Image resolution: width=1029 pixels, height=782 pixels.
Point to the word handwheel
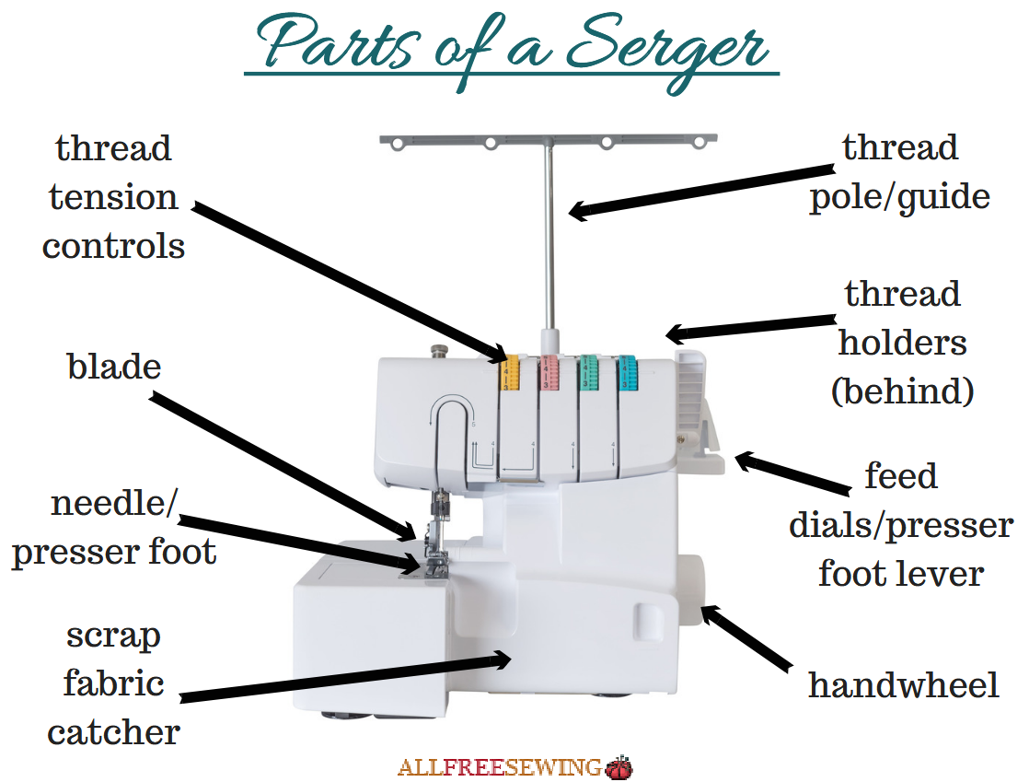[x=903, y=685]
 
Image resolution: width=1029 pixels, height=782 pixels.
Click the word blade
[x=114, y=367]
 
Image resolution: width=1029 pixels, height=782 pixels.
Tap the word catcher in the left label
[x=114, y=733]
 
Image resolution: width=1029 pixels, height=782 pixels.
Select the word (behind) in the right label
[x=902, y=391]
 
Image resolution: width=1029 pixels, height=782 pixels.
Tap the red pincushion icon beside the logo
[x=619, y=766]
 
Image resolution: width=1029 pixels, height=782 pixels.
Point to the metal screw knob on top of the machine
[x=440, y=351]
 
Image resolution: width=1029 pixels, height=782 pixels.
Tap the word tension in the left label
[x=113, y=197]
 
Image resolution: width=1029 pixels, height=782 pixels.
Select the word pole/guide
[x=899, y=197]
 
